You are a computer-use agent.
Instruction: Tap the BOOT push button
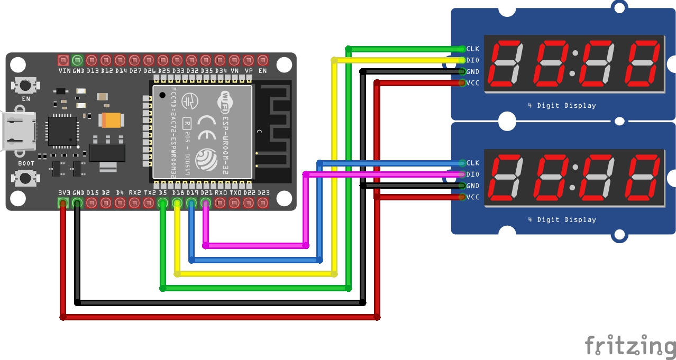[x=25, y=178]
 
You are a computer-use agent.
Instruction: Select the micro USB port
[x=19, y=131]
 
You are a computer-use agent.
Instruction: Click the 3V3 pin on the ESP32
[x=63, y=203]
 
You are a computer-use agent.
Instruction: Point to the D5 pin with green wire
[x=163, y=203]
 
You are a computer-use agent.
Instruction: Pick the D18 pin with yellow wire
[x=177, y=203]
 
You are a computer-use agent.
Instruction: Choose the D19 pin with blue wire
[x=191, y=203]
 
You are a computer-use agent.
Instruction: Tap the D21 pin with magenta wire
[x=206, y=203]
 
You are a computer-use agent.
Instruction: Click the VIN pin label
[x=64, y=70]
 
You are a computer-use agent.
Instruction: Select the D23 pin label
[x=263, y=193]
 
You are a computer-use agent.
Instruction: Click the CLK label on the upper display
[x=472, y=49]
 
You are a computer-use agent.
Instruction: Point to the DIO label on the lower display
[x=472, y=174]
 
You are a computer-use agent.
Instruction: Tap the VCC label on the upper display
[x=472, y=83]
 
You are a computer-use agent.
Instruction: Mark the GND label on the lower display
[x=472, y=186]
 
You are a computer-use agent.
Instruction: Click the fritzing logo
[x=630, y=346]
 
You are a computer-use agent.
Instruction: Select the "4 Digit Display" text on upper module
[x=562, y=106]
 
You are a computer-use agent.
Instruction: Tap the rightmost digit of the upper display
[x=642, y=63]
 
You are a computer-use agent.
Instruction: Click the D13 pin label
[x=93, y=70]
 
